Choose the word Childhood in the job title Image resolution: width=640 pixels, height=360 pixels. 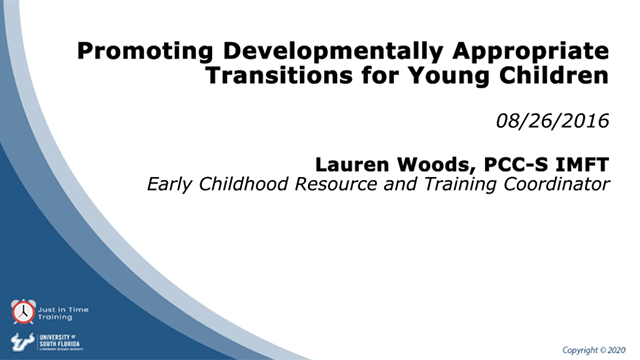tap(239, 185)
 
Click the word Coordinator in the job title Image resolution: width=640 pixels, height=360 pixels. tap(544, 185)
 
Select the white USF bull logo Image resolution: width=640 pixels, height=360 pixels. tap(19, 341)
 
